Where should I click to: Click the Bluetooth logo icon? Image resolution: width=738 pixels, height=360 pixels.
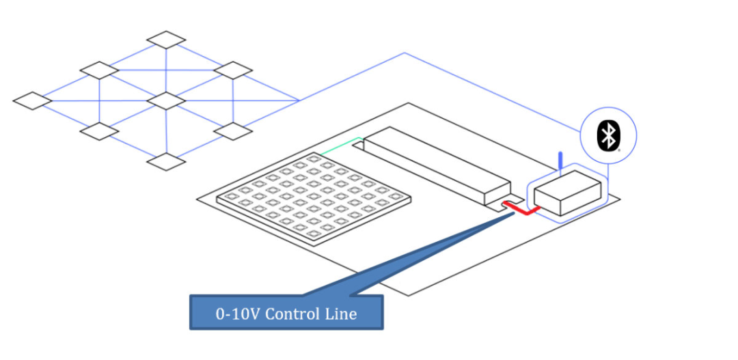(x=607, y=135)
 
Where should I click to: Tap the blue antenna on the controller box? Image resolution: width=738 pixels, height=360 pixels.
(x=560, y=161)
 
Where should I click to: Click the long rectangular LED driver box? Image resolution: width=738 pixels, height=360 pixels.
(x=437, y=167)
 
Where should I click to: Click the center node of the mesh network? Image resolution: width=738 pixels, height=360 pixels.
(x=166, y=100)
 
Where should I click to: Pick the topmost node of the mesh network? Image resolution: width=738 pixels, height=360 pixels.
(x=166, y=40)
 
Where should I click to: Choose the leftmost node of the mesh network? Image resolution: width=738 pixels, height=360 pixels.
(x=32, y=100)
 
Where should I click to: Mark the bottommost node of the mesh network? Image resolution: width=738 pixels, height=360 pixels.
(x=166, y=161)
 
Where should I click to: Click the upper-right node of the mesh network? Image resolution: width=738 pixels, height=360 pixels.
(x=233, y=70)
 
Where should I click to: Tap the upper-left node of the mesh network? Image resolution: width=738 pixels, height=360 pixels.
(x=100, y=70)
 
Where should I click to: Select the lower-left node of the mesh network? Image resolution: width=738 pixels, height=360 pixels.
(x=100, y=131)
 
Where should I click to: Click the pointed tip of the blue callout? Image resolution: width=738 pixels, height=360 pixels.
(x=513, y=214)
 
